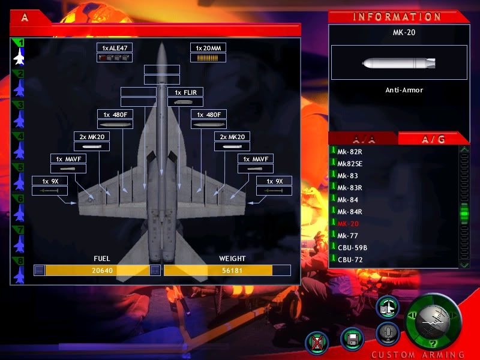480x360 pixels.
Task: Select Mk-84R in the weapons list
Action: pyautogui.click(x=350, y=212)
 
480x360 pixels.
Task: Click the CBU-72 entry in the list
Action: pyautogui.click(x=350, y=260)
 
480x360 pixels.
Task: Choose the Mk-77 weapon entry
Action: pyautogui.click(x=347, y=236)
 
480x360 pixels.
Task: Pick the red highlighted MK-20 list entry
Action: pyautogui.click(x=348, y=224)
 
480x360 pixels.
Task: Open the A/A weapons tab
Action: pyautogui.click(x=364, y=140)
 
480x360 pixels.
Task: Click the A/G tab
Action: pyautogui.click(x=433, y=140)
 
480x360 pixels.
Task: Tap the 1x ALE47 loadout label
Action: pyautogui.click(x=115, y=48)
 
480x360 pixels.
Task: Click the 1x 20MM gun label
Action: pyautogui.click(x=208, y=48)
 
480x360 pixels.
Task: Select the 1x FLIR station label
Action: pyautogui.click(x=185, y=92)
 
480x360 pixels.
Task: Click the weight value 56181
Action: pyautogui.click(x=232, y=271)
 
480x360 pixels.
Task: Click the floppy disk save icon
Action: pyautogui.click(x=352, y=339)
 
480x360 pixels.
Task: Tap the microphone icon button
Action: pyautogui.click(x=388, y=334)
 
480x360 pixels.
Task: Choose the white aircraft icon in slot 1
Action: pyautogui.click(x=19, y=57)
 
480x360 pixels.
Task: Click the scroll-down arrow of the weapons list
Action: pyautogui.click(x=464, y=264)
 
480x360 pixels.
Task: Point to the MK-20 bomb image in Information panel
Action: pyautogui.click(x=399, y=64)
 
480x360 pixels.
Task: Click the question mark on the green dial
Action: pyautogui.click(x=433, y=344)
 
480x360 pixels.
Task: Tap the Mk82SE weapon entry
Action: pyautogui.click(x=350, y=164)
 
